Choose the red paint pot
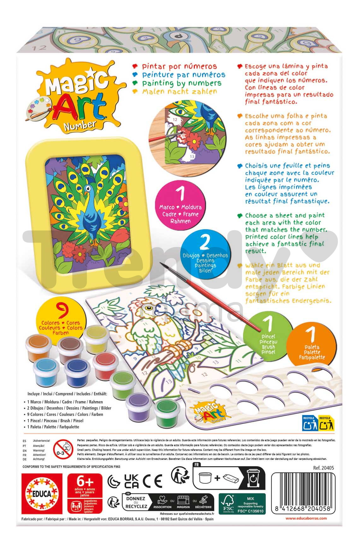[105, 363]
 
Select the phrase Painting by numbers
[181, 83]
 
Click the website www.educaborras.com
[306, 518]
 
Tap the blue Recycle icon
[309, 423]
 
